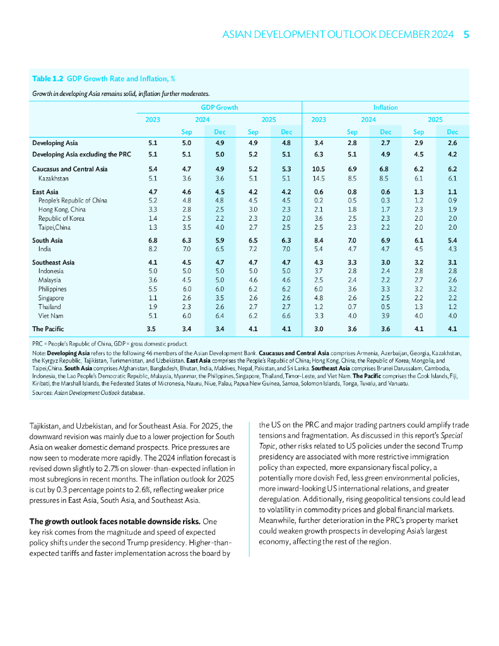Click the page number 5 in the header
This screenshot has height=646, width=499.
point(466,35)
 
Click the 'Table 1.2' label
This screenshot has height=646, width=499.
point(47,79)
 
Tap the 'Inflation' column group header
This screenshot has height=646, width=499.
point(385,107)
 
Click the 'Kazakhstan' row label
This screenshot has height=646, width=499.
point(54,180)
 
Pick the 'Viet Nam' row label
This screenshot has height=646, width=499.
point(52,315)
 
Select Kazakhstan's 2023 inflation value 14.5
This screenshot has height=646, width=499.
point(319,180)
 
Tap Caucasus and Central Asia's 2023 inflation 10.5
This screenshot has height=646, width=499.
point(319,169)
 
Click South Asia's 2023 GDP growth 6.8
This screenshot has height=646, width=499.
point(152,240)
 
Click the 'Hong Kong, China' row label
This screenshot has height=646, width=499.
point(62,209)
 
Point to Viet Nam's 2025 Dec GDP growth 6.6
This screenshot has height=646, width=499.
point(286,315)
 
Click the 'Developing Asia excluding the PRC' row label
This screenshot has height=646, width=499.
point(81,153)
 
